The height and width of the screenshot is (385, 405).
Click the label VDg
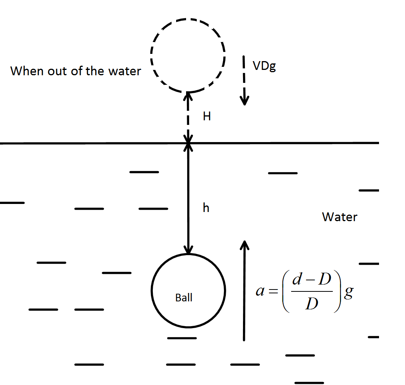click(x=264, y=67)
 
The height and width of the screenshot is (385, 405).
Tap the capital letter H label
click(x=207, y=117)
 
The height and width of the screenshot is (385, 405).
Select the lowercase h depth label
click(x=206, y=208)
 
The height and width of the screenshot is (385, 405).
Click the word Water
click(x=340, y=217)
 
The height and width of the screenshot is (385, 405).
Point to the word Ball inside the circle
click(x=184, y=298)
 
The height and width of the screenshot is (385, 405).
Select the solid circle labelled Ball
click(x=188, y=290)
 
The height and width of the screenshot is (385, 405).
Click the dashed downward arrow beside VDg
click(x=244, y=81)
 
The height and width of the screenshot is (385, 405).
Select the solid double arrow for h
click(x=188, y=199)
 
